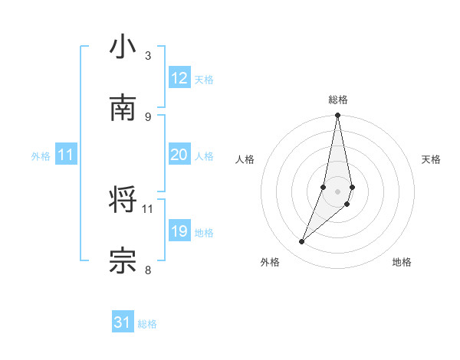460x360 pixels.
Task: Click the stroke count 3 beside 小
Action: click(147, 56)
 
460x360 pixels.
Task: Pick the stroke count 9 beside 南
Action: click(147, 116)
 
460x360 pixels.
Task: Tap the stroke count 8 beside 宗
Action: click(147, 270)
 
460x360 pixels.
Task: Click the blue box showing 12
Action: click(179, 78)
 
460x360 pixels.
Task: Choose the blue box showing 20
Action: click(179, 155)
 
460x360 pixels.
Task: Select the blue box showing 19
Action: click(179, 231)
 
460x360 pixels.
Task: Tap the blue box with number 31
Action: click(123, 322)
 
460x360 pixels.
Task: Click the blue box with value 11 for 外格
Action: click(66, 155)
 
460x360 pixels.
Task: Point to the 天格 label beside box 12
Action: click(204, 80)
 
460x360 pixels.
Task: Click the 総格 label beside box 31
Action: click(147, 324)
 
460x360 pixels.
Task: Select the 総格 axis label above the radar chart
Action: click(338, 100)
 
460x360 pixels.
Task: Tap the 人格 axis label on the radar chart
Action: click(245, 159)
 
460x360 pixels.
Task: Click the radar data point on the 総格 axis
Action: click(337, 116)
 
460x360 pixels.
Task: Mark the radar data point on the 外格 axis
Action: click(301, 242)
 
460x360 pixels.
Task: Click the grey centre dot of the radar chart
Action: click(337, 191)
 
